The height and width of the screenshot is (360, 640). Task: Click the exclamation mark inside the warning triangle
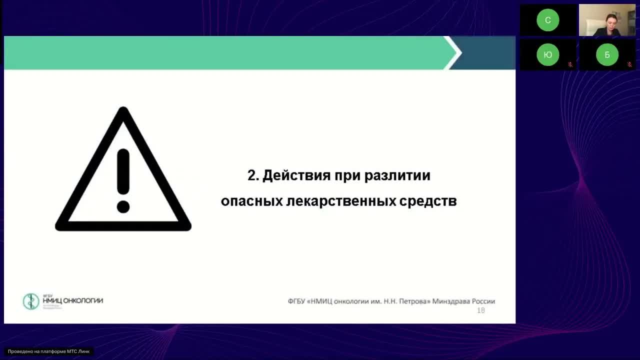(x=123, y=172)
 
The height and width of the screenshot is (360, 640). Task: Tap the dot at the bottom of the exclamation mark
(x=123, y=206)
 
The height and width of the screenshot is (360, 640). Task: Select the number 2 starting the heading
(x=251, y=176)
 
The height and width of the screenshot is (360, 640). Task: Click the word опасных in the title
(x=251, y=201)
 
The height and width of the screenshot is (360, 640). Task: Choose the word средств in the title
(x=428, y=201)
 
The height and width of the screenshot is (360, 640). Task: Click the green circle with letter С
(x=547, y=20)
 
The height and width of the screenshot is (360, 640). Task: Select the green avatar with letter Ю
(x=547, y=55)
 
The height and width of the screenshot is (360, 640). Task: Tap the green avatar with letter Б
(x=607, y=55)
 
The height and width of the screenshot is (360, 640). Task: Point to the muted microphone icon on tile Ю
(x=570, y=64)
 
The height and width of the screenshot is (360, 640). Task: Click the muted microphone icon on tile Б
(x=629, y=64)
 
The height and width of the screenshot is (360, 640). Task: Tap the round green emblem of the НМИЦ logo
(x=31, y=301)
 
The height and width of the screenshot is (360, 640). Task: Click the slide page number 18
(x=481, y=310)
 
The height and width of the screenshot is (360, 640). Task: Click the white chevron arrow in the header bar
(x=453, y=52)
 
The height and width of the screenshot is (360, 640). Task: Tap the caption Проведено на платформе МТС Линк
(x=48, y=351)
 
